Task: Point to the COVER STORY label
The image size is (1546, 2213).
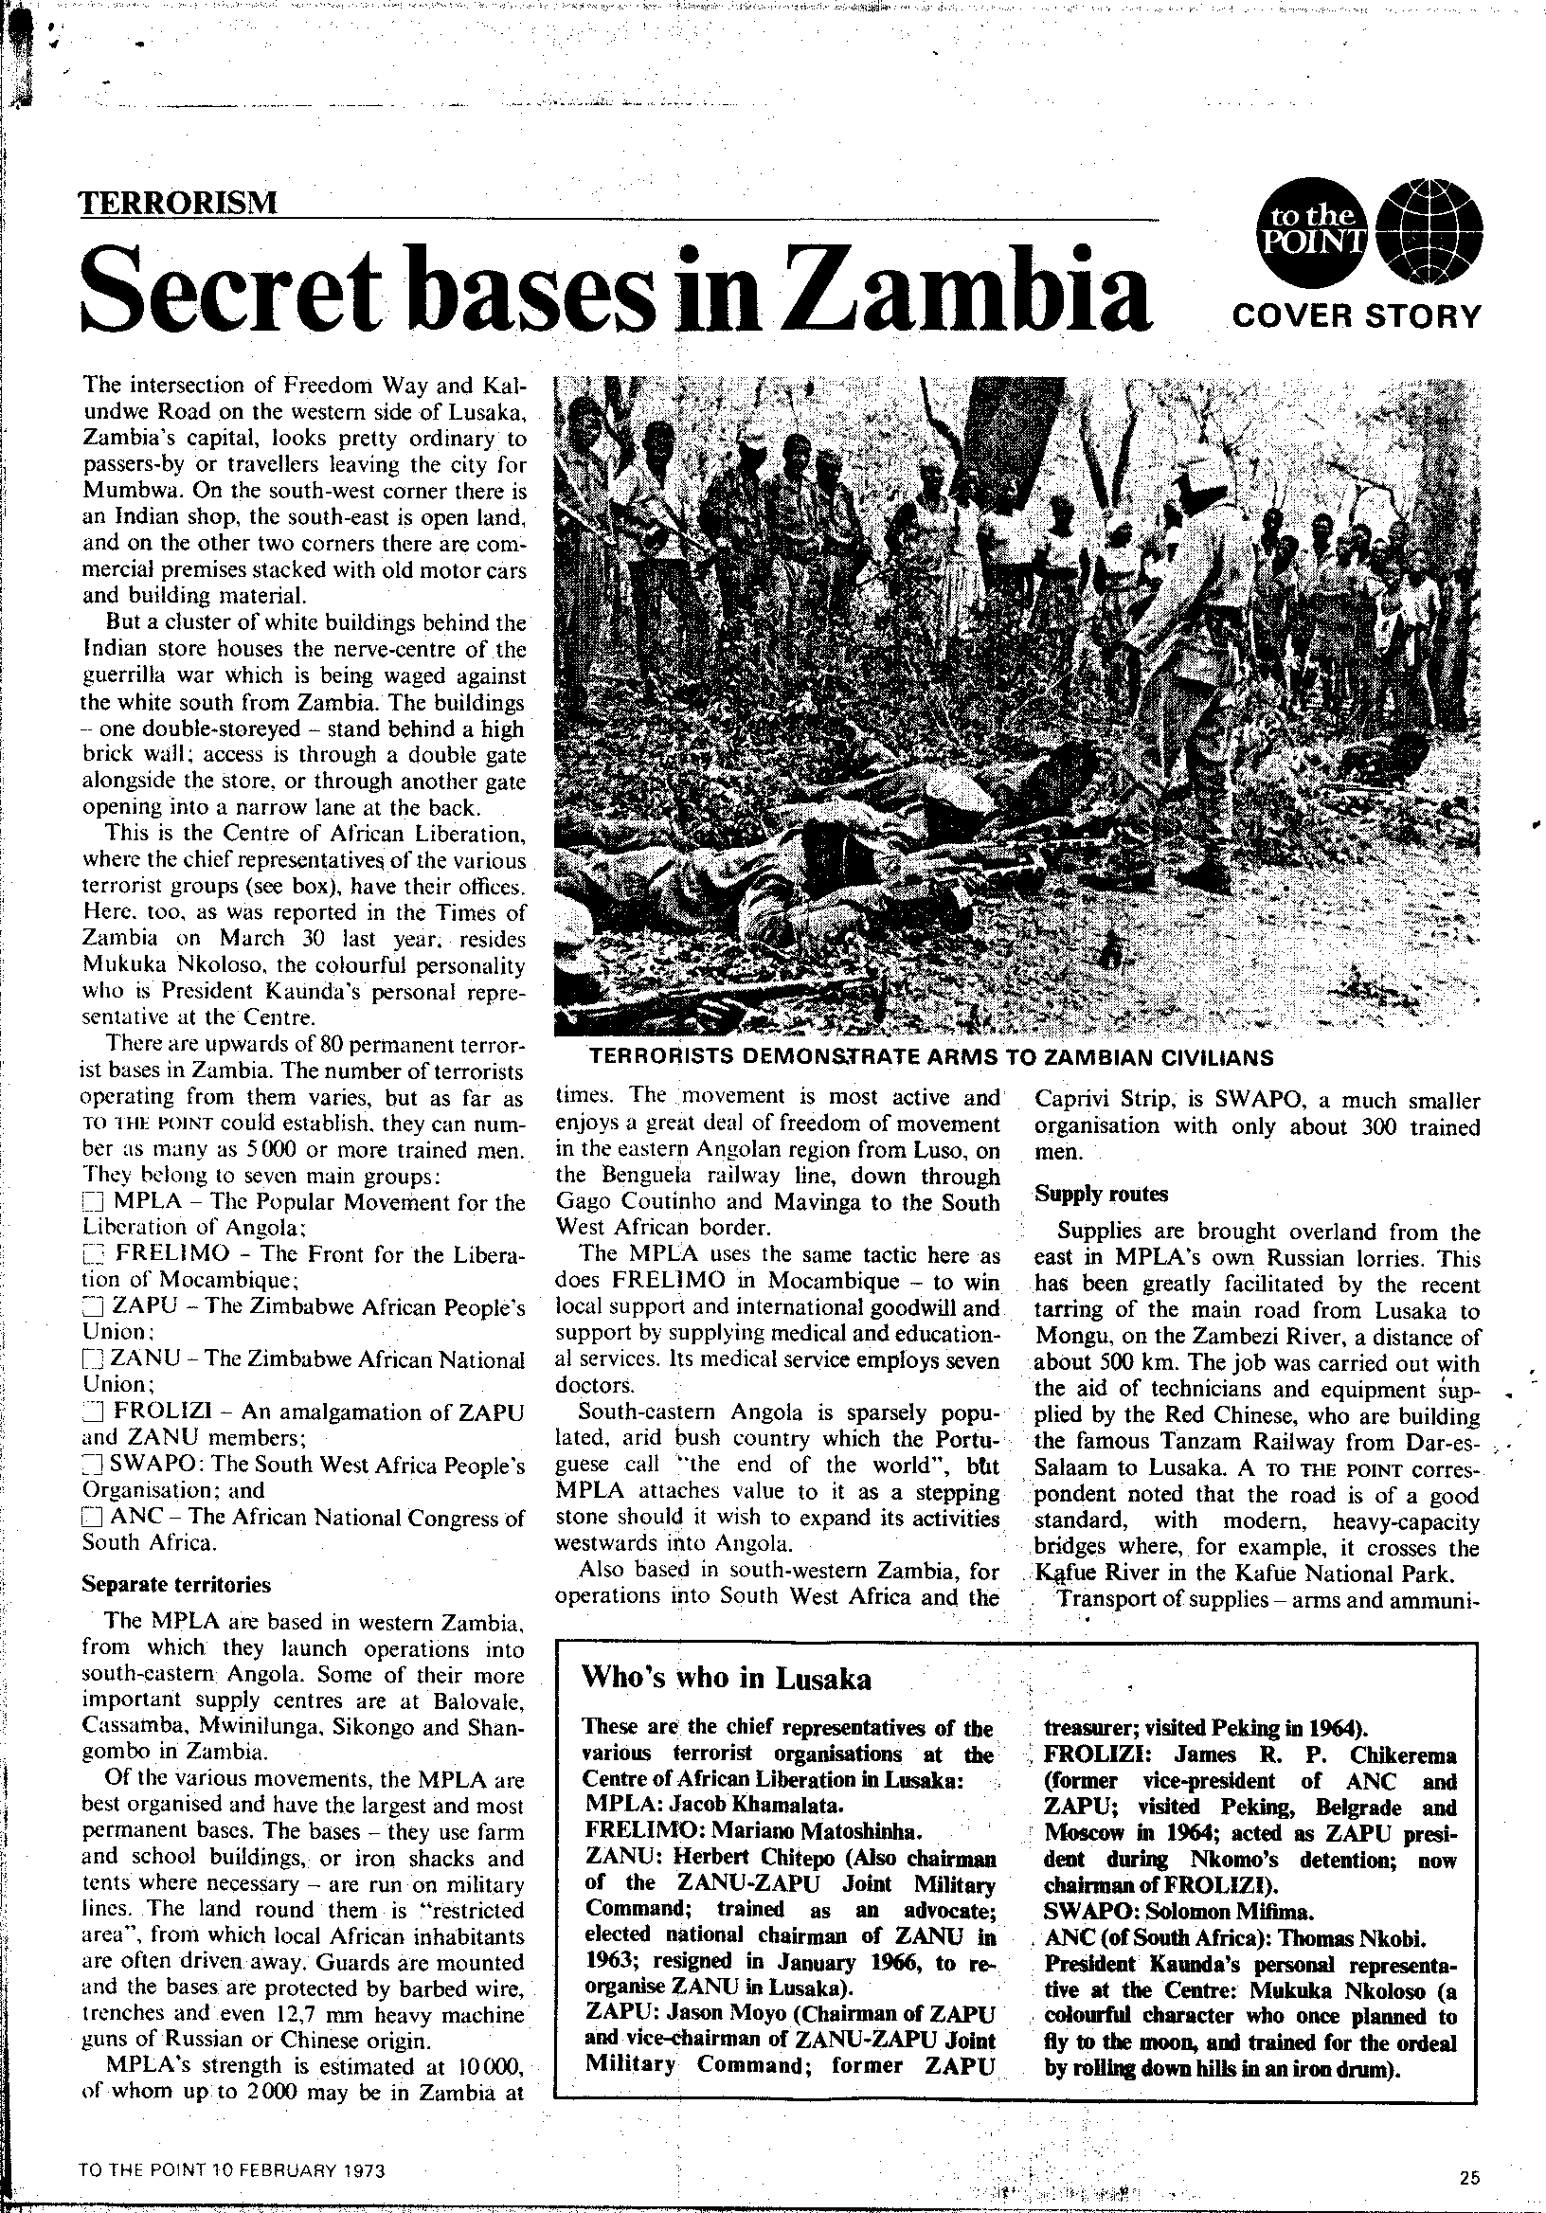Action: [1357, 315]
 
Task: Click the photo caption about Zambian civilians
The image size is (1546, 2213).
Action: [930, 1057]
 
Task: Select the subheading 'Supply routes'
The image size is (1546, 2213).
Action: [1101, 1194]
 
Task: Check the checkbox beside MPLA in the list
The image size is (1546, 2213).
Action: [93, 1204]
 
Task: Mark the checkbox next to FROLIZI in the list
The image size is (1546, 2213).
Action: [93, 1413]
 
